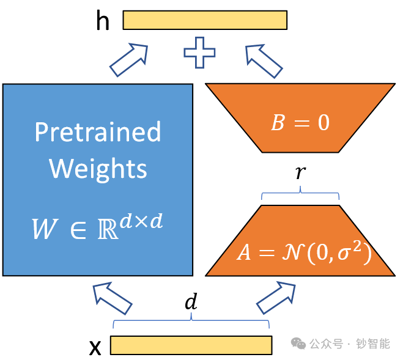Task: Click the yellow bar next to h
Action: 205,20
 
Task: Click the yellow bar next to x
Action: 191,345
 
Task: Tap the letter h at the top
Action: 103,21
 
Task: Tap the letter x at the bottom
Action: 95,348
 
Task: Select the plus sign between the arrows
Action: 200,53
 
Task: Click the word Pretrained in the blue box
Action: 98,132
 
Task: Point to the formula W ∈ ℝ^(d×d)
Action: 98,227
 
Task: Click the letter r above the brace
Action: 300,173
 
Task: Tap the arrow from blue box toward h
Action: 129,59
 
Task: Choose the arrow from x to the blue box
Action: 113,297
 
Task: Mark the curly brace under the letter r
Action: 300,195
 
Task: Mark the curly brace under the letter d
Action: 191,321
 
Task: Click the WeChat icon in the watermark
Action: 298,343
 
